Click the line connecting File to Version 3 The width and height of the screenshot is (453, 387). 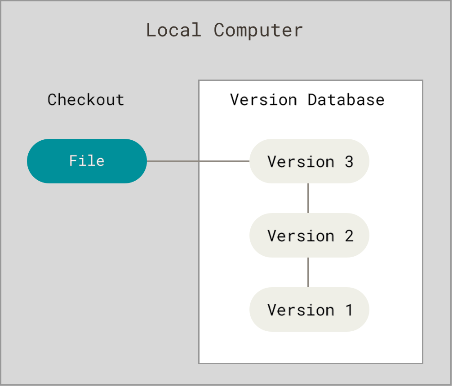pyautogui.click(x=198, y=161)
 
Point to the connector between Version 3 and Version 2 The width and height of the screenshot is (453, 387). pyautogui.click(x=308, y=198)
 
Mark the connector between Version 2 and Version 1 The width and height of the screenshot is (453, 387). pyautogui.click(x=308, y=272)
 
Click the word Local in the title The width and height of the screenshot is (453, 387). pyautogui.click(x=173, y=31)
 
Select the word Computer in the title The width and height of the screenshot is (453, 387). pyautogui.click(x=258, y=31)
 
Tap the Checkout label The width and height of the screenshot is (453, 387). pyautogui.click(x=86, y=100)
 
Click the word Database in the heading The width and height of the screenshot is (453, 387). pyautogui.click(x=346, y=100)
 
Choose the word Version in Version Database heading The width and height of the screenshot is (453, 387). pyautogui.click(x=263, y=100)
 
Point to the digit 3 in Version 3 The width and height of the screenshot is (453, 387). pyautogui.click(x=349, y=161)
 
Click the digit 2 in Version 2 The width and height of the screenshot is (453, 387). pyautogui.click(x=349, y=236)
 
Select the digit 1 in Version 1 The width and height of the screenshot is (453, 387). pyautogui.click(x=349, y=310)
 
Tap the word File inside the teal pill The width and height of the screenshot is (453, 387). pyautogui.click(x=87, y=161)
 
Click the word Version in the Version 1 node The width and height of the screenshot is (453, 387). pyautogui.click(x=301, y=310)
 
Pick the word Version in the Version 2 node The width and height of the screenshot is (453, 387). pyautogui.click(x=301, y=236)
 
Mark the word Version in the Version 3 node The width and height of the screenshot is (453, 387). pyautogui.click(x=301, y=161)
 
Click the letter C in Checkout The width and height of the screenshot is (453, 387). pyautogui.click(x=53, y=100)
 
